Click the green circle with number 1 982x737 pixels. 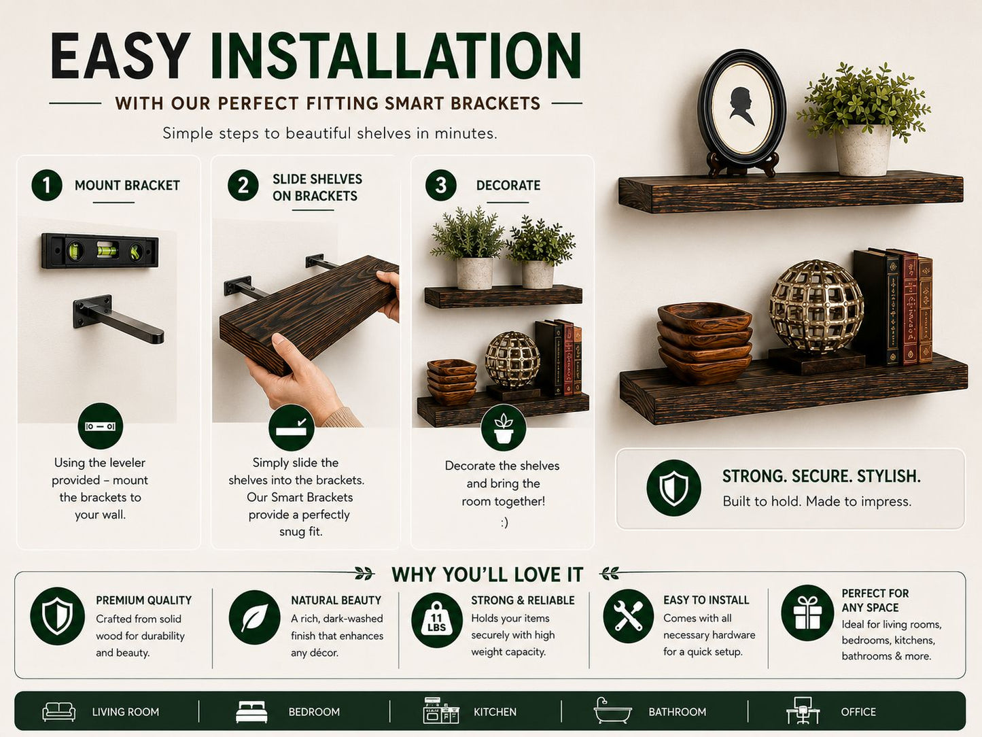(46, 185)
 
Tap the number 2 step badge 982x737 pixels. (243, 185)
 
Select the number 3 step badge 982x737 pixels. (440, 185)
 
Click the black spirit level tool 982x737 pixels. (100, 251)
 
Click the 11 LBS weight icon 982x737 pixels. (437, 620)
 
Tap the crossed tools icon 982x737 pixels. (628, 616)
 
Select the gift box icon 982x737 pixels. (807, 613)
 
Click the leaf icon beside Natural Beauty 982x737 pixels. (255, 617)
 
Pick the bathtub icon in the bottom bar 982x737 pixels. (612, 710)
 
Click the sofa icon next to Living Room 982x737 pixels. (58, 711)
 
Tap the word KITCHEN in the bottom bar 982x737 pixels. (495, 712)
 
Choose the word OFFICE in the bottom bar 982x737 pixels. (858, 712)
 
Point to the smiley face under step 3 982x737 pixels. (504, 522)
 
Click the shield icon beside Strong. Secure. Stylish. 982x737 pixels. (673, 487)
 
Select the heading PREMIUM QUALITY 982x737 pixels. (143, 600)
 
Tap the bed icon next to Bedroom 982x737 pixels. (251, 712)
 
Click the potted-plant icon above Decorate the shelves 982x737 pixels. (504, 428)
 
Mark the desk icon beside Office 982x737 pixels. (803, 710)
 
